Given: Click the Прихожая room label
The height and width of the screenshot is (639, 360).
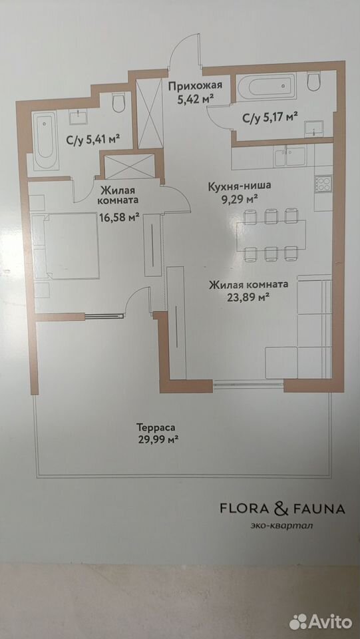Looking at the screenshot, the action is [x=195, y=86].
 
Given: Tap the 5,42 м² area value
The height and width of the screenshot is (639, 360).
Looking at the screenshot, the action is [x=196, y=99].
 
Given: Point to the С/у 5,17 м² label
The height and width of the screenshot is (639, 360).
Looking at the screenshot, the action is [x=270, y=118].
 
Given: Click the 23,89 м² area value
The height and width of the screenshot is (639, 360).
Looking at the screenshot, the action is [x=250, y=297].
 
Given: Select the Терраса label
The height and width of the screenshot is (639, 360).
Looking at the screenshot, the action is [x=156, y=427].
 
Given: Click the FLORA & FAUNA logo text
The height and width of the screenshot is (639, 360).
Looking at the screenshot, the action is [x=282, y=509].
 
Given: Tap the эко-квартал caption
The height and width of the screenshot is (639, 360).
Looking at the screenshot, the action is [x=281, y=525].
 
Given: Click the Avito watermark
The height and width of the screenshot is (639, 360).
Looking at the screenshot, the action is [x=321, y=622].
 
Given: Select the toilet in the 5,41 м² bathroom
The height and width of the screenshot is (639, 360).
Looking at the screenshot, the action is [x=119, y=103].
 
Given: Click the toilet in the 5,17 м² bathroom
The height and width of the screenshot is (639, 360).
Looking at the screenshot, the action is [x=314, y=81].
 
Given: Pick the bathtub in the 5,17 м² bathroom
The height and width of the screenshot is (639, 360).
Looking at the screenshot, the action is [x=266, y=87].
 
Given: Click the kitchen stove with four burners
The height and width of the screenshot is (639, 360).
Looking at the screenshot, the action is [x=324, y=184].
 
